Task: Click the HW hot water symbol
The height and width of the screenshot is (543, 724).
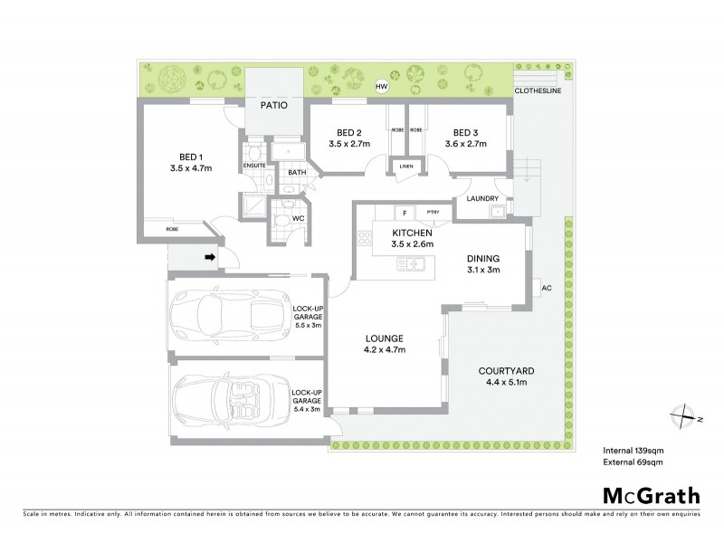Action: [384, 87]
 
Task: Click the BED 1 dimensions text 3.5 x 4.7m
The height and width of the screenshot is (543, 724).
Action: [189, 167]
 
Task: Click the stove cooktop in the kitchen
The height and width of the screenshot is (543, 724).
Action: [366, 240]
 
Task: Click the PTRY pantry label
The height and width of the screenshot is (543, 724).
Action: [433, 214]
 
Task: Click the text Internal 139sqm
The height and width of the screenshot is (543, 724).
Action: [634, 449]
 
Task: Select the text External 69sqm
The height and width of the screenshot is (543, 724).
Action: [634, 462]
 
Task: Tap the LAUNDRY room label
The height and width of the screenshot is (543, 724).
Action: [483, 198]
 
